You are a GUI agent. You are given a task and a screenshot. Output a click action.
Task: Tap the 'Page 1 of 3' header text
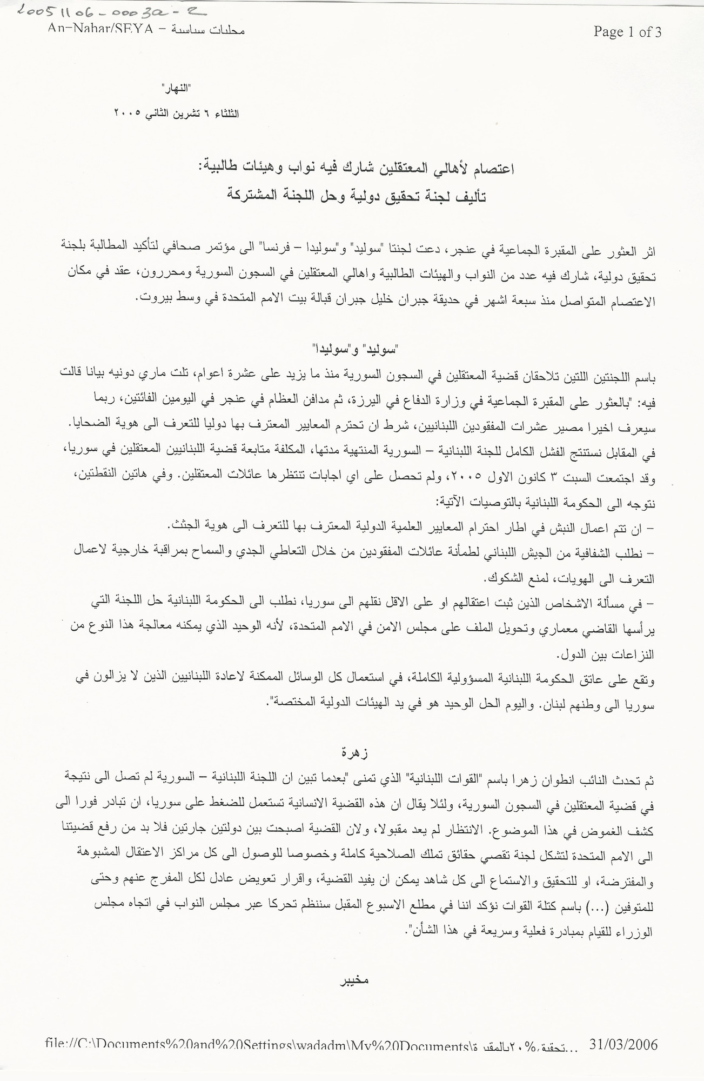tap(627, 32)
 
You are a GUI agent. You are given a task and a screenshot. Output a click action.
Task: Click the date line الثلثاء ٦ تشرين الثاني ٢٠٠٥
tap(176, 114)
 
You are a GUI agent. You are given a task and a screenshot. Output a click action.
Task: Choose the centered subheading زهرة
tap(354, 752)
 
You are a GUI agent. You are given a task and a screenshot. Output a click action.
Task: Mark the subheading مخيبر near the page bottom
tap(353, 979)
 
